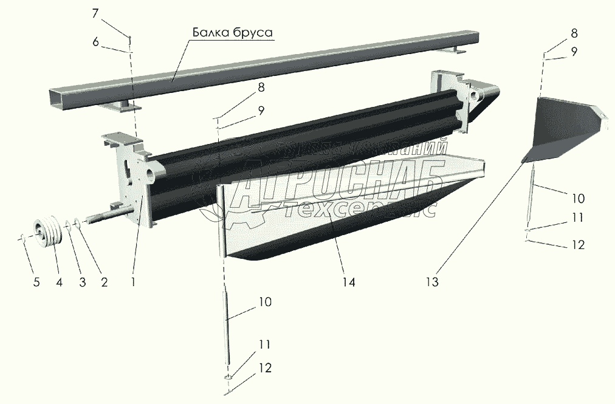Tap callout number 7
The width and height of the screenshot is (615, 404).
coord(95,13)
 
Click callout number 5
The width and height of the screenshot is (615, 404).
coord(37,282)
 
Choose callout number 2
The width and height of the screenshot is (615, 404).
coord(104,282)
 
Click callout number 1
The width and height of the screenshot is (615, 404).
coord(132,282)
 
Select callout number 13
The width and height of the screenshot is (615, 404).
coord(432,282)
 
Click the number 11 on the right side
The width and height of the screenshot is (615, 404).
coord(577,216)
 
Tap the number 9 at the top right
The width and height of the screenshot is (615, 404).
coord(574,52)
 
